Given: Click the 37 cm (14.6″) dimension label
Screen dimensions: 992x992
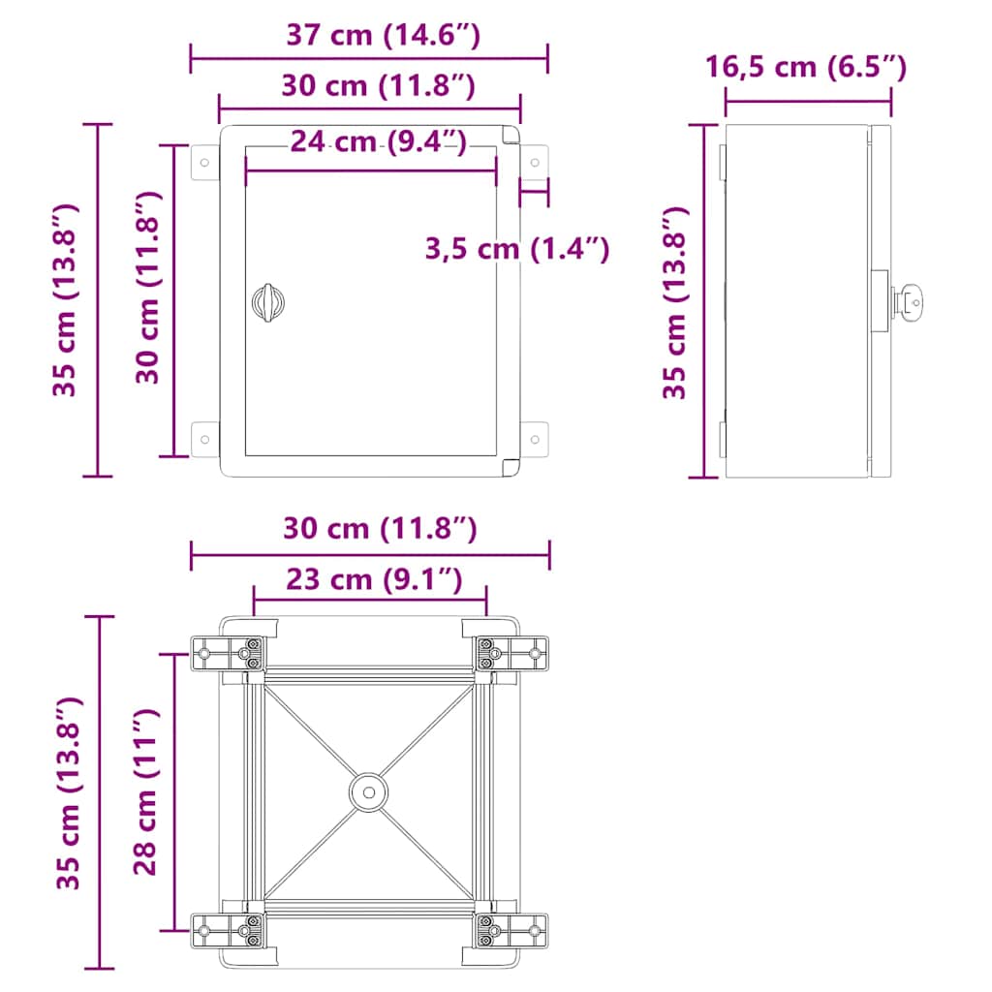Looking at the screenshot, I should (384, 35).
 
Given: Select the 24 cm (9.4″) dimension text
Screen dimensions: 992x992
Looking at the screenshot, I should (379, 141).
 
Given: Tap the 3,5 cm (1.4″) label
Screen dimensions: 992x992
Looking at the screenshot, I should (516, 249).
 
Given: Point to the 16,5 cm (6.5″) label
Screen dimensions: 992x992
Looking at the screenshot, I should (806, 67).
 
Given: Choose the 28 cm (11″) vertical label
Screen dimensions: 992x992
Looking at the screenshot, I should (145, 791).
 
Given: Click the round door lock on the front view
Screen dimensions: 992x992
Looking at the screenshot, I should (267, 302).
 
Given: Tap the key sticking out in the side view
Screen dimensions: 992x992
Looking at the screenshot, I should (912, 301).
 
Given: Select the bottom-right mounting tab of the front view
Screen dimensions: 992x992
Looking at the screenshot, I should (534, 438).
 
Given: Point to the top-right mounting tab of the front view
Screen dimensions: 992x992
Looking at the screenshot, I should (534, 161).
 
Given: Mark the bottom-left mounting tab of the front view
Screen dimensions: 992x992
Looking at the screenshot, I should (204, 438).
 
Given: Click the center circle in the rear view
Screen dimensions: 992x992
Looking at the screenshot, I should (368, 791).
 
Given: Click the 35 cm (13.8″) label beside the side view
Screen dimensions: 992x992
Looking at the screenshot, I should (675, 301).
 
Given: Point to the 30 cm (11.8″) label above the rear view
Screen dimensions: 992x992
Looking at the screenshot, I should (379, 529).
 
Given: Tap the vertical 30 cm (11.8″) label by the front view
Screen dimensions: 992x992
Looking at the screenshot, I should (146, 288).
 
